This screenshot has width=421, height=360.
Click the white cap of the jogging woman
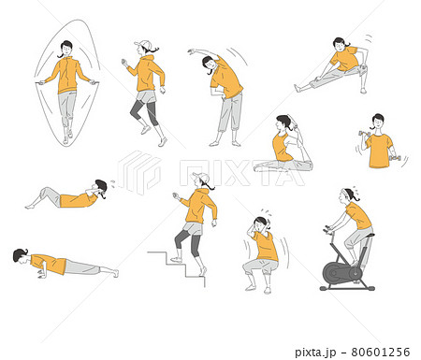coord(142,44)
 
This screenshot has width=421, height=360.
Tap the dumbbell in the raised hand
coord(364,134)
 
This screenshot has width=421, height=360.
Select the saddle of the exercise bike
coord(368,236)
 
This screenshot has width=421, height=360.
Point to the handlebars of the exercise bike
coord(327,230)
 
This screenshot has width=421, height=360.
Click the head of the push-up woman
coord(21,256)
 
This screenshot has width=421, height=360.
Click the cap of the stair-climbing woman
coord(201,178)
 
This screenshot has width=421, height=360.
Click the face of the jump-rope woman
coord(66,49)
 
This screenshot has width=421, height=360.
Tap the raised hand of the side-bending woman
coord(191,51)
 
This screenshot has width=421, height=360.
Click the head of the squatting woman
coord(261,223)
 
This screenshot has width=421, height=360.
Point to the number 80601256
coord(381,352)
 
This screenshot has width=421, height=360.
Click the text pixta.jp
coord(315,353)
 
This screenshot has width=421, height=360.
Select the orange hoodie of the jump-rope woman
coord(67,75)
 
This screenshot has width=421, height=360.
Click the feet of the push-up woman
coord(116,273)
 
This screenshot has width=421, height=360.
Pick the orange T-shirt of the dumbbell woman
coord(379,151)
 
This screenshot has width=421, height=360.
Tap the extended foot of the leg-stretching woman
coord(297,88)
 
